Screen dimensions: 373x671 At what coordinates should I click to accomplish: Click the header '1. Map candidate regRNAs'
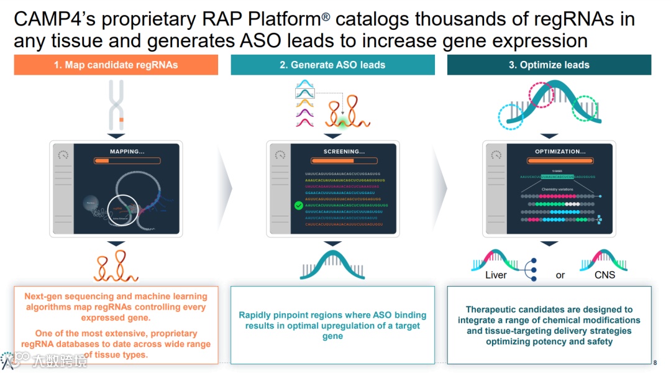coord(116,65)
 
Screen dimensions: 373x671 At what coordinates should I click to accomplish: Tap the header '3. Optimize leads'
coord(549,65)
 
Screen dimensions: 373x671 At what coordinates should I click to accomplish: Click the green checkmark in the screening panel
coord(298,205)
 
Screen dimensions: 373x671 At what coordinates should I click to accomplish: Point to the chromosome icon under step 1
coord(116,104)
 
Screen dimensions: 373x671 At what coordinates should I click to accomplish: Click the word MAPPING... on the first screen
coord(127,151)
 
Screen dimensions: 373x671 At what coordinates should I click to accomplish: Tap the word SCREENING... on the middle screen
coord(344,151)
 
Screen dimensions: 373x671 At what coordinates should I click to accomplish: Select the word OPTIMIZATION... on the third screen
coord(560,151)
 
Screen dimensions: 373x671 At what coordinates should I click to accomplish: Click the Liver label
coord(496,275)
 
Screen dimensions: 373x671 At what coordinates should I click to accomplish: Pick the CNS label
coord(605,275)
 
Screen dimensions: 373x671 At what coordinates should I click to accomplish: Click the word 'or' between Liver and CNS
coord(560,275)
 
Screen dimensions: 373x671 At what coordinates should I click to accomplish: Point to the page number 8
coord(655,363)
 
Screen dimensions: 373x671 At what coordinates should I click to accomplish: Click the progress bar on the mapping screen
coord(127,160)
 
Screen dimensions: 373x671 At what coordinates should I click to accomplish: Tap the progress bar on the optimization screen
coord(560,160)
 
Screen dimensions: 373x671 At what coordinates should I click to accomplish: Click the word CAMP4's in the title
coord(54,19)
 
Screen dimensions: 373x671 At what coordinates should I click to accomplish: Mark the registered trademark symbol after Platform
coord(326,16)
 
